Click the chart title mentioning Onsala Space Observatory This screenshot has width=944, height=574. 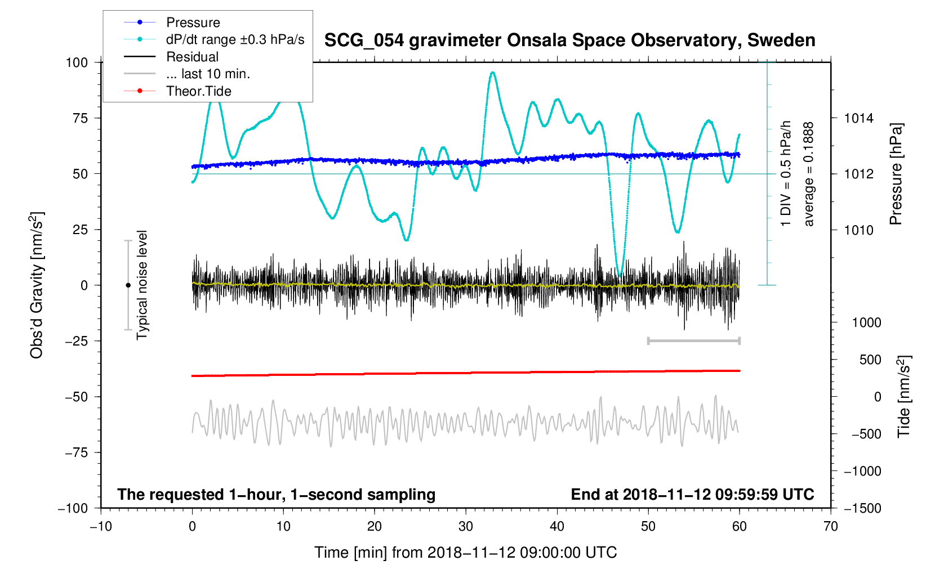click(x=569, y=41)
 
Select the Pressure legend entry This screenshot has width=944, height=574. click(x=193, y=23)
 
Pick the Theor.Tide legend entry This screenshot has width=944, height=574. click(x=198, y=91)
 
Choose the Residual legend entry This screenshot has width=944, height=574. click(x=192, y=57)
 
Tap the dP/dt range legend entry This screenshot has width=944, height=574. click(x=235, y=39)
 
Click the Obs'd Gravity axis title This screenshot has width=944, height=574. click(x=37, y=285)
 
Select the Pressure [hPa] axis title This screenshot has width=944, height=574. click(x=896, y=174)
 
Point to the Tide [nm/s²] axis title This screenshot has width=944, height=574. click(x=904, y=397)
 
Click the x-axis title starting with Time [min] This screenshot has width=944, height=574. click(x=465, y=553)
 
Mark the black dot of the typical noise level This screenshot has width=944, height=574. click(x=128, y=285)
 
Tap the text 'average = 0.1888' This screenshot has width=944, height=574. click(x=809, y=174)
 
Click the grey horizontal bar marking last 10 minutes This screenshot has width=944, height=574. click(x=694, y=341)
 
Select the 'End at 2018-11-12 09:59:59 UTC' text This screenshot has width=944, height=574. click(x=692, y=495)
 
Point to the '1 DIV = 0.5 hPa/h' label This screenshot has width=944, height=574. click(x=786, y=174)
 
